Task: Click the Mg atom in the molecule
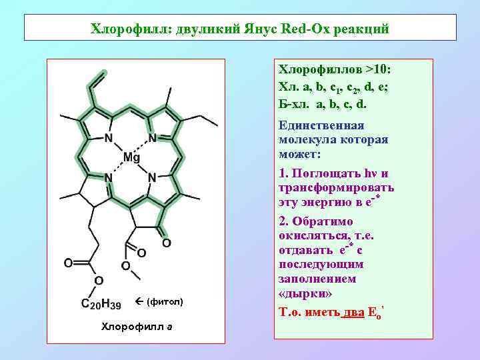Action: [131, 158]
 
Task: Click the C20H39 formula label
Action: [101, 304]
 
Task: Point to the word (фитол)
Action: [165, 303]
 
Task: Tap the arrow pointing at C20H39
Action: [138, 303]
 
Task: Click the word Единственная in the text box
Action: [321, 126]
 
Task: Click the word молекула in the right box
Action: [307, 140]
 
